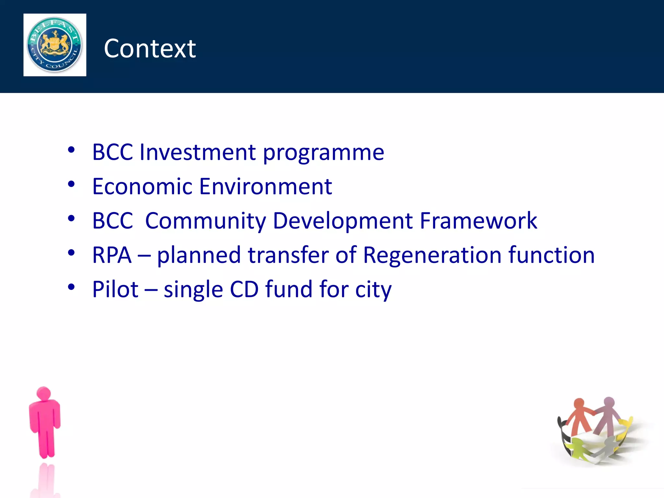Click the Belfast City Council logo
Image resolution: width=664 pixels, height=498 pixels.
click(x=54, y=45)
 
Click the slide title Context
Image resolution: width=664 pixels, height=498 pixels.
click(x=150, y=49)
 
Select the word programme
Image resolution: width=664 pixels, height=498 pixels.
click(x=323, y=153)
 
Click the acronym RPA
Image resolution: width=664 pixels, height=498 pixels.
click(x=112, y=255)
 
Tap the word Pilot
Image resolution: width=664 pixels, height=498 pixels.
click(x=115, y=289)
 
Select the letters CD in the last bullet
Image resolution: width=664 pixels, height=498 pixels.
click(x=244, y=289)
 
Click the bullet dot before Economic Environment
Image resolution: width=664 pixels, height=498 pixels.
click(x=71, y=184)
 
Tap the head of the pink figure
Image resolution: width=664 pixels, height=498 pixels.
click(x=44, y=393)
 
